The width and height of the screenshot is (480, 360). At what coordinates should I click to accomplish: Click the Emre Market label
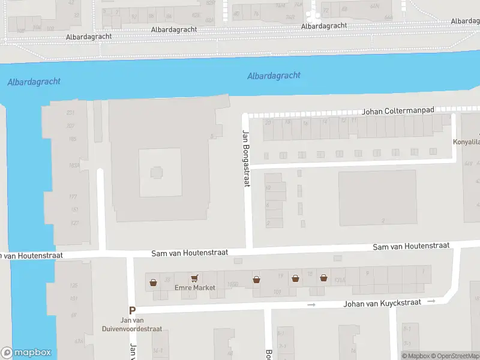click(194, 288)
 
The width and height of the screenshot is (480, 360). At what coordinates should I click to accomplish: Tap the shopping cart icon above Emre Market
click(194, 278)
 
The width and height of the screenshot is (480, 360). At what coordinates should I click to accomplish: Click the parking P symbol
click(133, 310)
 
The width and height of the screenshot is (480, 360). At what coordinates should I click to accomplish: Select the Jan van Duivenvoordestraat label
click(140, 325)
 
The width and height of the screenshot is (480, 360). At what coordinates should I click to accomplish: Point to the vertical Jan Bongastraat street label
click(245, 158)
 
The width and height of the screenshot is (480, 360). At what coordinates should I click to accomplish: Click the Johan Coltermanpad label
click(397, 112)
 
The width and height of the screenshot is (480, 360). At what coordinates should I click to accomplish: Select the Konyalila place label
click(466, 143)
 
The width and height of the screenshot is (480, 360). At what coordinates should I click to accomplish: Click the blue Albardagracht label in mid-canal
click(274, 76)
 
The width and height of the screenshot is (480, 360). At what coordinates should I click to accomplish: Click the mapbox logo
click(26, 353)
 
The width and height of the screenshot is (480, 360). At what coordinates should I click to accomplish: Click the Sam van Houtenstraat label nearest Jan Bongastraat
click(191, 253)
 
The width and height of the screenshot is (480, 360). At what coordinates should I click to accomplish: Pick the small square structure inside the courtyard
click(156, 173)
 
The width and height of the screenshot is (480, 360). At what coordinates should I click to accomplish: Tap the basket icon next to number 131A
click(323, 278)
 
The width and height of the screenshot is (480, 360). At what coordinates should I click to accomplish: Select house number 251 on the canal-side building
click(70, 113)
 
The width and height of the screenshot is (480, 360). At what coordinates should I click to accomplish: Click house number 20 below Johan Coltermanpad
click(268, 122)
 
